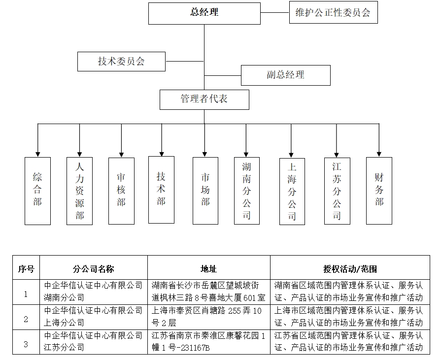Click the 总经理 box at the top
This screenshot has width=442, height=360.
[x=204, y=13]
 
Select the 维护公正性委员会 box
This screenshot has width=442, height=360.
[x=333, y=13]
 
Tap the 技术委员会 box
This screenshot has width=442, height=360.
[x=121, y=62]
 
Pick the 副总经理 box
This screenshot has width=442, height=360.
[x=285, y=75]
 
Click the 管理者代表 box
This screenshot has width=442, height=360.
[x=204, y=99]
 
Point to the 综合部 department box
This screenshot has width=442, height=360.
[x=37, y=191]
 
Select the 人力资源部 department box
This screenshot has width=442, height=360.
[x=79, y=191]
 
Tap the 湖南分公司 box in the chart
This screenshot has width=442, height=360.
[x=246, y=191]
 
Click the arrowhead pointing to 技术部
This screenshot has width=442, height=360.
[x=161, y=152]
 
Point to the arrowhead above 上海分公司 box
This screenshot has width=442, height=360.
[x=292, y=152]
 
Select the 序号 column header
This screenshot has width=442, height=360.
[x=26, y=268]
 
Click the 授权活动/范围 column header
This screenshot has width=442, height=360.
[x=350, y=268]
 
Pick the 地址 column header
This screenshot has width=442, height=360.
[x=209, y=268]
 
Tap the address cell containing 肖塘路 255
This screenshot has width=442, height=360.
[x=209, y=317]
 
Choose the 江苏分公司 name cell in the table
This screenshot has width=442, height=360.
[x=94, y=341]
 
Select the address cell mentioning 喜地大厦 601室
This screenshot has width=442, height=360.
[x=209, y=292]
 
